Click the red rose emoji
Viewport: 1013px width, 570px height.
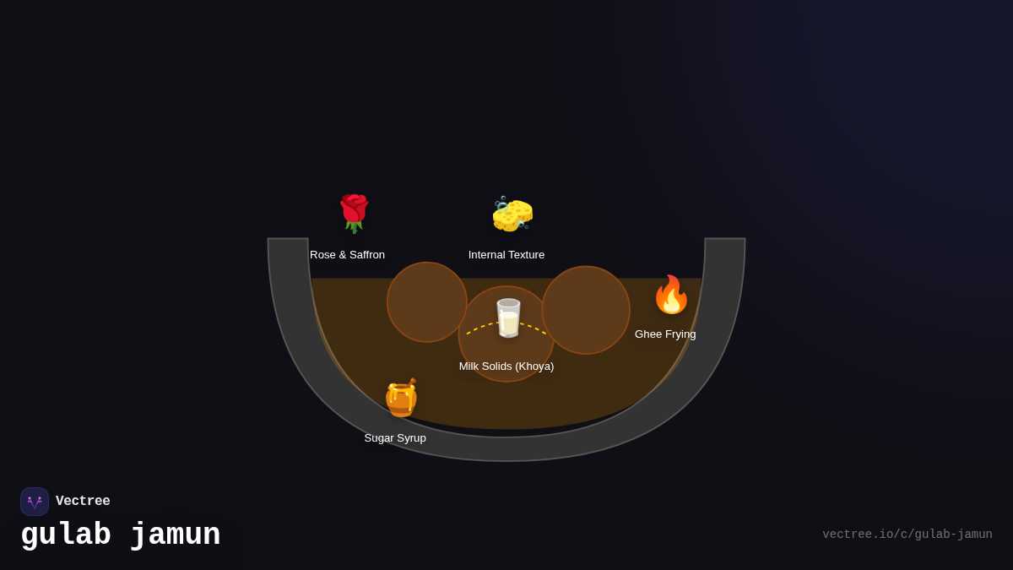354,214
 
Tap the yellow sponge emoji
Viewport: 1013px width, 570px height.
512,214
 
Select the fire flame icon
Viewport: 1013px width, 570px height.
671,295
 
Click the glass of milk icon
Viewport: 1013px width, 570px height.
508,318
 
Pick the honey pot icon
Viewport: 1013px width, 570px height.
401,398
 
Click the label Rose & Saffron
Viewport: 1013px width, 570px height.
347,255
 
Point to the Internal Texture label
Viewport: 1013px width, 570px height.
506,255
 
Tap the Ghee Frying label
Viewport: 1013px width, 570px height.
665,334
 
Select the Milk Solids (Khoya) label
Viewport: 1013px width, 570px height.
506,366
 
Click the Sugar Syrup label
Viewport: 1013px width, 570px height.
395,438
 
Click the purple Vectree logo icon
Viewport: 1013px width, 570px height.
35,502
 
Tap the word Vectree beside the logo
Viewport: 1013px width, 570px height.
83,501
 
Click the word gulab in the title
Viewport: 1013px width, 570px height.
66,535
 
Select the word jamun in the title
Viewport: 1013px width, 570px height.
176,535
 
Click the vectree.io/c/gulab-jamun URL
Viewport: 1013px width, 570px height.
907,535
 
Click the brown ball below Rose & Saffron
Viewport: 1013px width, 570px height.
426,301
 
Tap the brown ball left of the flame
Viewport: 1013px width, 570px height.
586,310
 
